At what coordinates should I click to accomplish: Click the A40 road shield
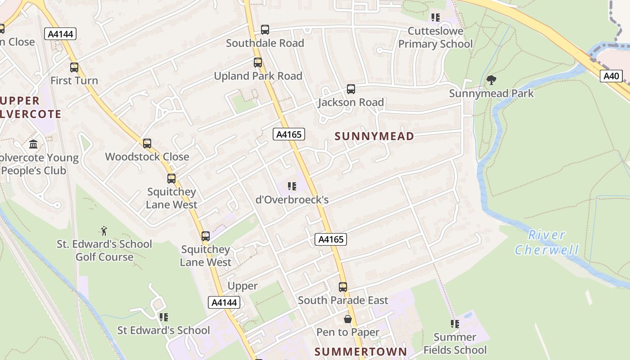[611, 76]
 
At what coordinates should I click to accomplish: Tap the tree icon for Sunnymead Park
[491, 80]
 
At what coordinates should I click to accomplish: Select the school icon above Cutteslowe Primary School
[435, 18]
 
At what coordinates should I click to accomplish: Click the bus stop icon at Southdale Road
[265, 30]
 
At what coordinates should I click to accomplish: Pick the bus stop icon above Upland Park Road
[258, 63]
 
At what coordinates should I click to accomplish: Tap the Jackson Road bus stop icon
[351, 89]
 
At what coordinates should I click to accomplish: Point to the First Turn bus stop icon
[74, 67]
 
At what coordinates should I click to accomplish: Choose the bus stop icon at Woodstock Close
[147, 144]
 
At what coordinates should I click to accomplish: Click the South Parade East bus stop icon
[343, 287]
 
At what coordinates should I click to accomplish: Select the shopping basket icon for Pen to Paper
[348, 319]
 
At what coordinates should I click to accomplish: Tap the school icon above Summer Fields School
[455, 324]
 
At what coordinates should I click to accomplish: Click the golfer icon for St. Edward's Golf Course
[104, 231]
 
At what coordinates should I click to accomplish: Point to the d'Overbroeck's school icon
[292, 186]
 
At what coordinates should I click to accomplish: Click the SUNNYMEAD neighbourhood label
[374, 136]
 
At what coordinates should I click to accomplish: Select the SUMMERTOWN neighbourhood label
[360, 351]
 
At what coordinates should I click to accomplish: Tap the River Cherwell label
[547, 242]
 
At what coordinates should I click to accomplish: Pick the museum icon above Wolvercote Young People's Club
[33, 144]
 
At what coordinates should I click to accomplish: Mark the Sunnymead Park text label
[491, 94]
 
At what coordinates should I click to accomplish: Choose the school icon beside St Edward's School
[164, 317]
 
